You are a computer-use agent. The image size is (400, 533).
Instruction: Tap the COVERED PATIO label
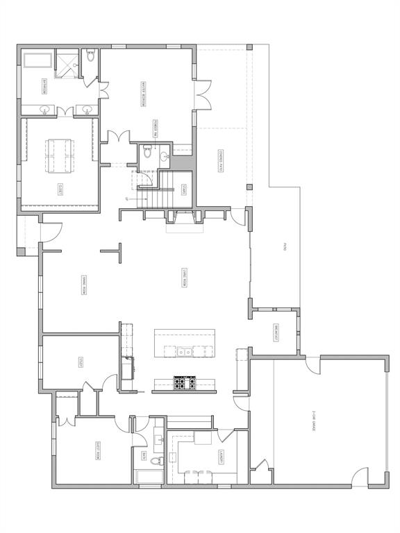(221, 162)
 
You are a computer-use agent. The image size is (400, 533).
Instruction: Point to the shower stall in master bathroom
(67, 61)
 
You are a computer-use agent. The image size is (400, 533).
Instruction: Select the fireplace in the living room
(184, 219)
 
